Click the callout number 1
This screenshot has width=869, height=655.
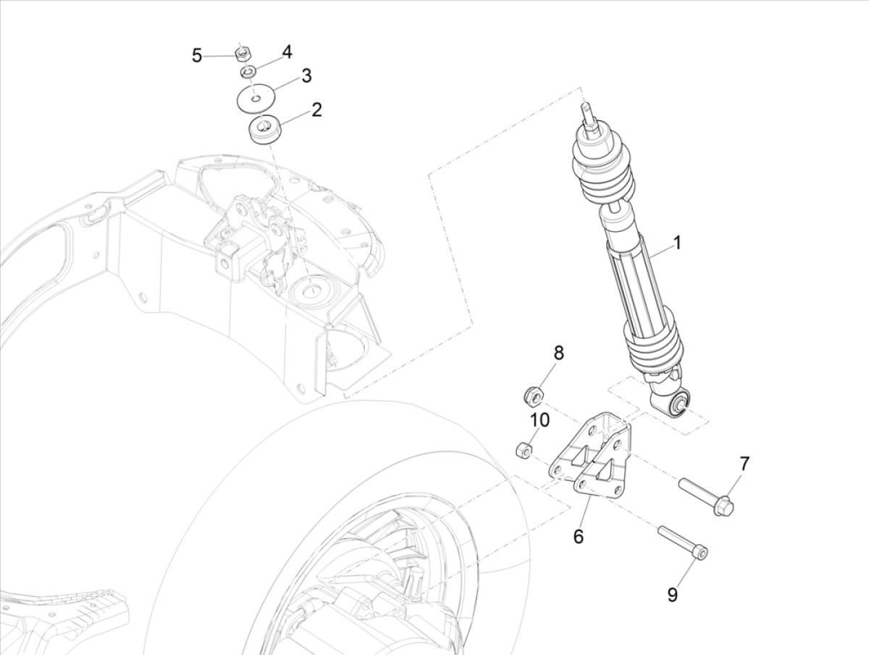click(x=677, y=243)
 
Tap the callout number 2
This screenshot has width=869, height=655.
click(x=316, y=110)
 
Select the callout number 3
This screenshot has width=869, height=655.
click(x=306, y=75)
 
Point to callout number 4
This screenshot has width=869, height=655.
click(x=287, y=51)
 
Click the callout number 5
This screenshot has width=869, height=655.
click(x=197, y=56)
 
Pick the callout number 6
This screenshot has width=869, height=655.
click(x=578, y=536)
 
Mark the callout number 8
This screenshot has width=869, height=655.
click(x=558, y=353)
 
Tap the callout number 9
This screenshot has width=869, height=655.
click(x=672, y=595)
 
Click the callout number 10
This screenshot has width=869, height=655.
click(x=540, y=420)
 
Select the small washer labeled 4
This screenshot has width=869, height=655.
click(x=248, y=72)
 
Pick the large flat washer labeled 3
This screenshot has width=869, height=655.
click(x=256, y=97)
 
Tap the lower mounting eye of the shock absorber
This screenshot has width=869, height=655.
click(x=679, y=404)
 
